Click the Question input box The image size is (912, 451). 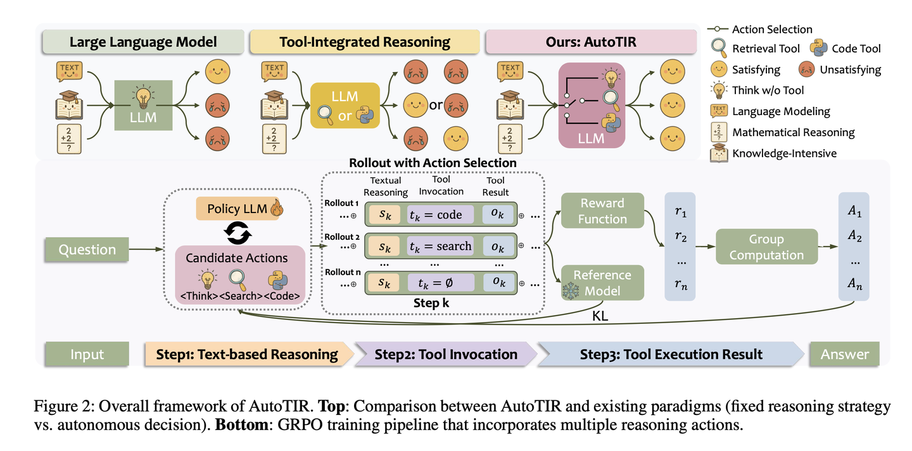click(87, 249)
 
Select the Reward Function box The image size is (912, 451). click(602, 211)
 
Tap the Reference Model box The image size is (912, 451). click(602, 283)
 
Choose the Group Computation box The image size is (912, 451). click(766, 247)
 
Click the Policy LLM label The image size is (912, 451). click(237, 209)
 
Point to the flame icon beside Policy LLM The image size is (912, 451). click(277, 207)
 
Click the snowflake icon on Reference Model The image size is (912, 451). click(571, 291)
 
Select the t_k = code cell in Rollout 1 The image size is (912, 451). click(441, 214)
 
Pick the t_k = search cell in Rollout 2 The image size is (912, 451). click(441, 246)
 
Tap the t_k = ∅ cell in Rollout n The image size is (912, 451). click(441, 283)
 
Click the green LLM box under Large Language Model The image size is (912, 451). click(143, 106)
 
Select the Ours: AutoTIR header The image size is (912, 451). click(591, 42)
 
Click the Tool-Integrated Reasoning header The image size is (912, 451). click(365, 42)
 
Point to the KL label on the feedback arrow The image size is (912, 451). click(600, 316)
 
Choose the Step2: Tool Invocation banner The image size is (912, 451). click(446, 354)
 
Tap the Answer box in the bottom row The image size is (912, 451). click(844, 354)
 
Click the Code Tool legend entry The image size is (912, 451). click(845, 49)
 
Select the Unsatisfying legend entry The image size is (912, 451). click(840, 70)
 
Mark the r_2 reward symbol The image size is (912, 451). click(681, 236)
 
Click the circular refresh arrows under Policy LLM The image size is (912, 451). click(237, 233)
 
